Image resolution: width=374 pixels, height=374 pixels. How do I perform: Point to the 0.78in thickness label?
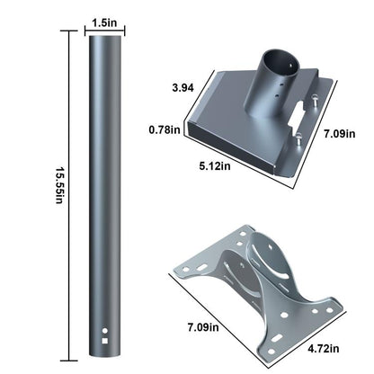166,129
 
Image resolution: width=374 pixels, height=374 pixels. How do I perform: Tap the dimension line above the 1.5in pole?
105,31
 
